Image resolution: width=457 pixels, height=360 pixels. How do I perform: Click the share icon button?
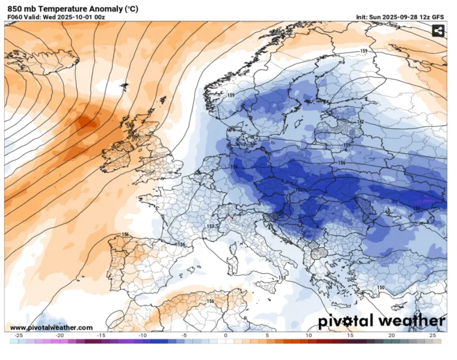(x=438, y=31)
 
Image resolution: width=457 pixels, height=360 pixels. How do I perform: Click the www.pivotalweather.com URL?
(x=52, y=328)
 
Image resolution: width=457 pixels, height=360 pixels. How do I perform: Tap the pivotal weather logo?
(x=382, y=322)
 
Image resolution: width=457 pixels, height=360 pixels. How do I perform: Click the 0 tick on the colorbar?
(x=225, y=335)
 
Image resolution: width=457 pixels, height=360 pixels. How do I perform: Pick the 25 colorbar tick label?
(x=433, y=335)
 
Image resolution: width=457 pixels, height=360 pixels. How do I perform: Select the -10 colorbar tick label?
(x=143, y=335)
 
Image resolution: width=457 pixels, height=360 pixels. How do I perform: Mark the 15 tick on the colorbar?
(x=350, y=335)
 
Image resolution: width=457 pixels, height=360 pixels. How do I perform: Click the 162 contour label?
(x=360, y=122)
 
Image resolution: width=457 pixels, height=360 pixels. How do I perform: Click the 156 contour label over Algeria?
(x=210, y=301)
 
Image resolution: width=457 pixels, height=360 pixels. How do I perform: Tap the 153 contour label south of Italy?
(x=282, y=278)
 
